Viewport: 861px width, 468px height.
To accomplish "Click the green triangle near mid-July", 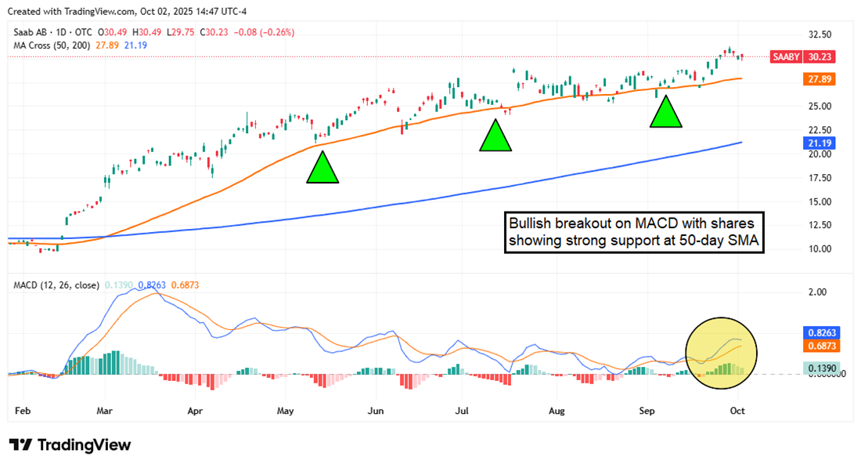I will point(495,136).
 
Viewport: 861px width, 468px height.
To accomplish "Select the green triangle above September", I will point(666,112).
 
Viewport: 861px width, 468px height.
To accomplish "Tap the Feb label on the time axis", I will point(23,410).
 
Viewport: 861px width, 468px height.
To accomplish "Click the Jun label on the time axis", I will point(376,410).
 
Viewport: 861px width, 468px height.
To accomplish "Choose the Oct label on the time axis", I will point(737,410).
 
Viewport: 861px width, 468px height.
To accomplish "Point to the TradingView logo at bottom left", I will point(70,444).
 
